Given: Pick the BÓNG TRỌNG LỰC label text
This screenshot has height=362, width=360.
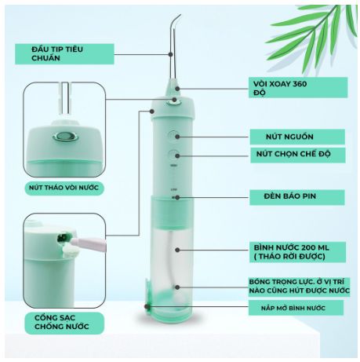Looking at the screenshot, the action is [299, 287].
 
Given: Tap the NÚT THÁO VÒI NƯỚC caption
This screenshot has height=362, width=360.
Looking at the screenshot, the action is [64, 188].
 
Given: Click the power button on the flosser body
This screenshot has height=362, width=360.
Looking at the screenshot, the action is [173, 136].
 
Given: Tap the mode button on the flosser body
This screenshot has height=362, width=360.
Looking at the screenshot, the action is [173, 155].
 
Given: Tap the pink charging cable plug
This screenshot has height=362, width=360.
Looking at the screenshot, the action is [88, 244].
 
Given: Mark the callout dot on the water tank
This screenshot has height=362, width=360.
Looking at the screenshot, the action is [177, 250].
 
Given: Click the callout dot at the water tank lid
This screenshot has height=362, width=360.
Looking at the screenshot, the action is [147, 306].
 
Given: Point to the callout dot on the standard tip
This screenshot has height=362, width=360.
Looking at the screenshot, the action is [170, 54].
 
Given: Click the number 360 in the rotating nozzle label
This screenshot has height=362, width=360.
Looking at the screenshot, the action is [300, 84].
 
